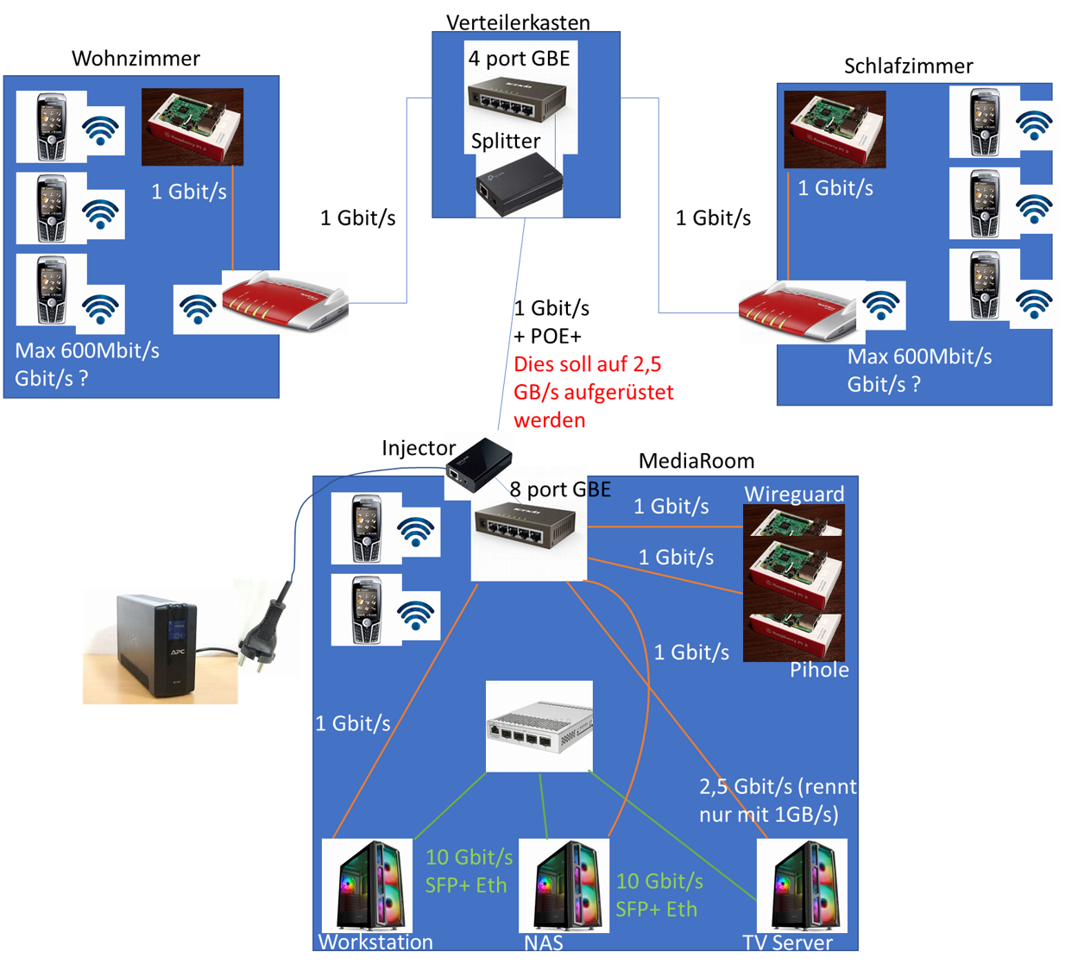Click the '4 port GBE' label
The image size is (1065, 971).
tap(519, 59)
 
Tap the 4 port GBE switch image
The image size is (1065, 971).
tap(516, 97)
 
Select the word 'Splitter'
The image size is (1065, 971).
tap(506, 141)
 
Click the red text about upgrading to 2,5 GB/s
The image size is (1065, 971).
tap(593, 392)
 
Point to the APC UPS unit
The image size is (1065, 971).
tap(158, 645)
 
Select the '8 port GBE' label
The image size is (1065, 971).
tap(560, 489)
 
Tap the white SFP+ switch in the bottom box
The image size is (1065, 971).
tap(539, 726)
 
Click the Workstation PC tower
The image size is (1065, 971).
tap(367, 886)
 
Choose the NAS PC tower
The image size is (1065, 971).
tap(564, 886)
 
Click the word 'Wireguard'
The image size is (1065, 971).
tap(794, 494)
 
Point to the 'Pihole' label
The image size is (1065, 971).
tap(819, 670)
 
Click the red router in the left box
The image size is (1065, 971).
tap(285, 302)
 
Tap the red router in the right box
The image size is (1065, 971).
tap(797, 312)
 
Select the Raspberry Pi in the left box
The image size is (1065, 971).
tap(192, 126)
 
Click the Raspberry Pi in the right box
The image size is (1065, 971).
tap(835, 129)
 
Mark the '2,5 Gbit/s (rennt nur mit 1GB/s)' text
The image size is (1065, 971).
tap(777, 800)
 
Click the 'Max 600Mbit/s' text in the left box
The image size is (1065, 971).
tap(87, 350)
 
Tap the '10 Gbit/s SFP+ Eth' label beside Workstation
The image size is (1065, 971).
tap(469, 871)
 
